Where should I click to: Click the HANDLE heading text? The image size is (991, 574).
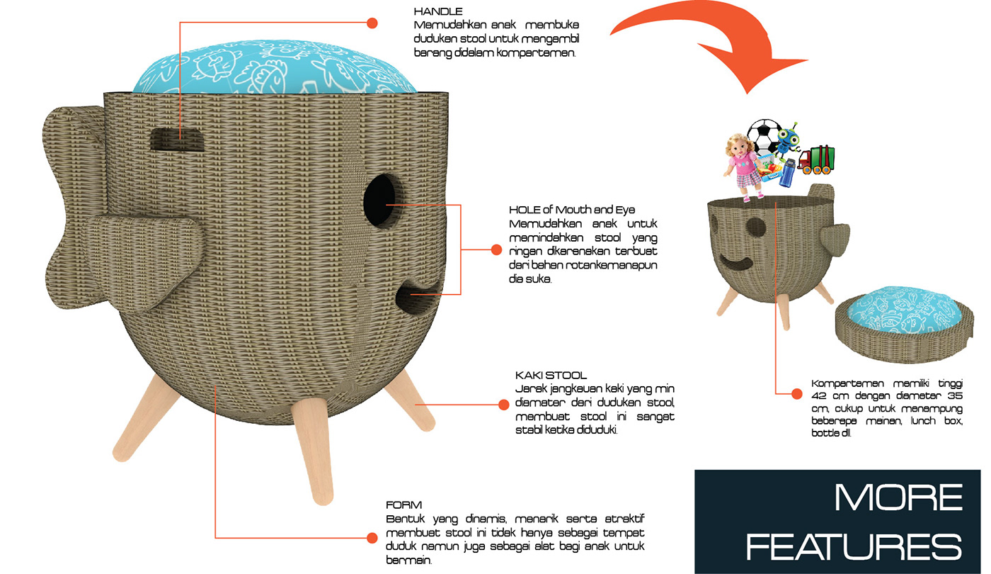[x=438, y=11]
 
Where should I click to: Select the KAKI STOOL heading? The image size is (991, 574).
[x=551, y=375]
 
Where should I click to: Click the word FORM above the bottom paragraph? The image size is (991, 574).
[x=403, y=505]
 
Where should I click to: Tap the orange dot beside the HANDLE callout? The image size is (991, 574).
[x=372, y=23]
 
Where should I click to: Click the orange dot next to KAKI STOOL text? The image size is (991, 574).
[x=503, y=405]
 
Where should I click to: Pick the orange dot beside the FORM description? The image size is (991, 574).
[x=372, y=538]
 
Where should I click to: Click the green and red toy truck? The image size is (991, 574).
[x=816, y=159]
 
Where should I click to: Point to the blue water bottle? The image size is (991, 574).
[x=786, y=171]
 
